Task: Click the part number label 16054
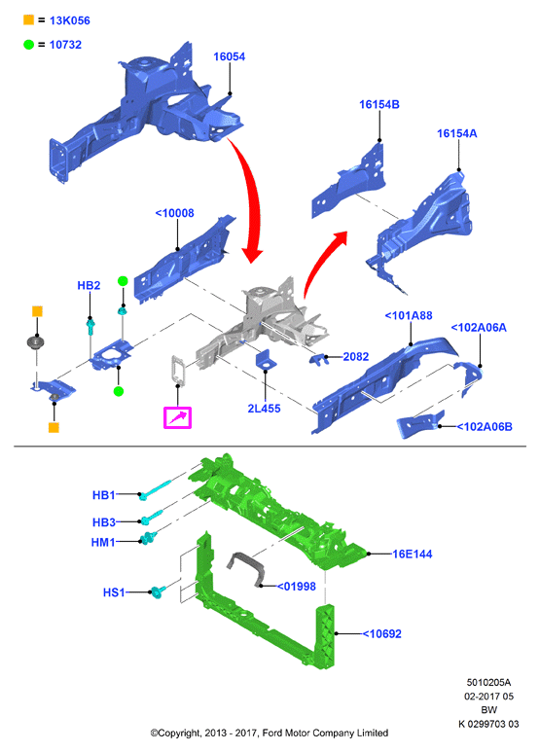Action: [229, 56]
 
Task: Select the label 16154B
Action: [379, 104]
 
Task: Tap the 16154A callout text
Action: [457, 133]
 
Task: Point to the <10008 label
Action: [174, 213]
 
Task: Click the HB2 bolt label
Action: [89, 285]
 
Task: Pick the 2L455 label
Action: [264, 409]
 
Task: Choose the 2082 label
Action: [356, 356]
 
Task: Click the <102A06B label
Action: [485, 426]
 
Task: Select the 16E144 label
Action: [413, 554]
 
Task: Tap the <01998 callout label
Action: [297, 586]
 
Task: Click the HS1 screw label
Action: [114, 592]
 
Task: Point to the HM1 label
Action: [103, 542]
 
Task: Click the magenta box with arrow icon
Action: [177, 417]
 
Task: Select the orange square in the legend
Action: [29, 19]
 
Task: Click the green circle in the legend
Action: [29, 44]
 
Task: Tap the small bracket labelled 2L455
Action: [266, 360]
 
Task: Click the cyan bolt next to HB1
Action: [155, 489]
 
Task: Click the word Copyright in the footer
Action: [179, 733]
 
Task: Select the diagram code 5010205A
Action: [488, 682]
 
